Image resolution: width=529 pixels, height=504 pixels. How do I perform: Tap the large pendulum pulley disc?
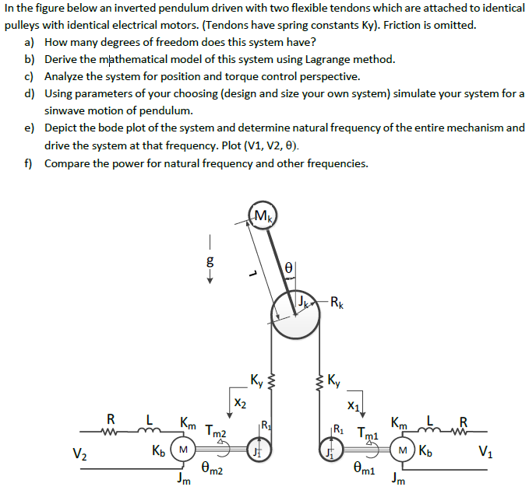pyautogui.click(x=295, y=315)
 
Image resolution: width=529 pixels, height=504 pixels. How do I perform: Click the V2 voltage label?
pyautogui.click(x=79, y=453)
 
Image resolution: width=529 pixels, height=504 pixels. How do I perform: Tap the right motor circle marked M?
pyautogui.click(x=404, y=450)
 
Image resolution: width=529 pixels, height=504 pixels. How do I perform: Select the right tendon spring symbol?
pyautogui.click(x=319, y=380)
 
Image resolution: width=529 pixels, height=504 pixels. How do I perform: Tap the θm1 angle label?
pyautogui.click(x=367, y=470)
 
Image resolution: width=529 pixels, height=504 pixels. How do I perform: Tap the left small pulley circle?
pyautogui.click(x=259, y=450)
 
